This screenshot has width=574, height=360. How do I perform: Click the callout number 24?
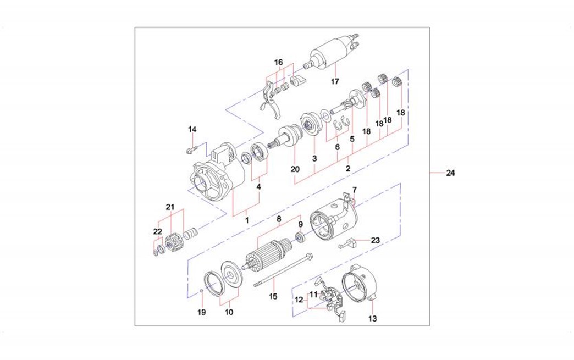tap(450, 174)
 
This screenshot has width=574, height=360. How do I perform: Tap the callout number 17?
tap(335, 82)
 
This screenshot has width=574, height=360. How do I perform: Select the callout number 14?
tap(192, 130)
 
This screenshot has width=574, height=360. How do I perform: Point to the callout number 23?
tap(375, 240)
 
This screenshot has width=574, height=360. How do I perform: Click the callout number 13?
tap(372, 318)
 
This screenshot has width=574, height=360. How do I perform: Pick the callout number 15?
tap(273, 297)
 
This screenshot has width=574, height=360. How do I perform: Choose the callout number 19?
tap(201, 312)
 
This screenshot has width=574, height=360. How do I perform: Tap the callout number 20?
tap(295, 169)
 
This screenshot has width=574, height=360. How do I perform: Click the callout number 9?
tap(300, 224)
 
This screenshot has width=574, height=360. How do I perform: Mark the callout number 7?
tap(355, 190)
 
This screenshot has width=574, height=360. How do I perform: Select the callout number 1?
tap(247, 220)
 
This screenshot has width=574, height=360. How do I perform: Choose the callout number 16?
tap(279, 63)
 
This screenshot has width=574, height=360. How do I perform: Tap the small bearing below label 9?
tap(300, 237)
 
